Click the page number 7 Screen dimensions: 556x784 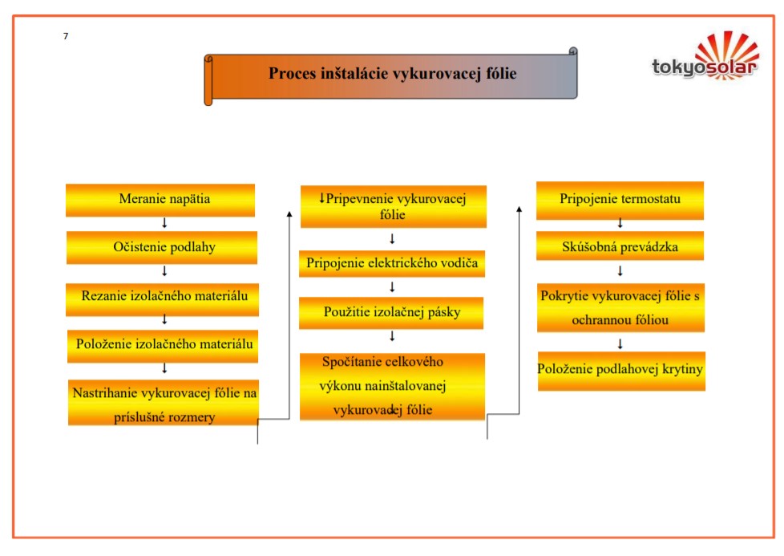(x=66, y=36)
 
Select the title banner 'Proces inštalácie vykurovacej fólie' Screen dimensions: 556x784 (x=392, y=75)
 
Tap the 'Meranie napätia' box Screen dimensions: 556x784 (x=160, y=200)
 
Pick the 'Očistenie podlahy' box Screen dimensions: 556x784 (x=162, y=247)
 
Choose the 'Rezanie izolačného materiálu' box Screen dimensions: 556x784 (x=164, y=296)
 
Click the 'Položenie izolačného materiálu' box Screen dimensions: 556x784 (x=164, y=345)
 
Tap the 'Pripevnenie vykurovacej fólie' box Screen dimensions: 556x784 (x=393, y=206)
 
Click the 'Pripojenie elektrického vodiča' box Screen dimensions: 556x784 (x=392, y=263)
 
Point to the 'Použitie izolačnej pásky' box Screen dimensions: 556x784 (x=391, y=312)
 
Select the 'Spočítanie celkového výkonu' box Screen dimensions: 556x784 (x=392, y=386)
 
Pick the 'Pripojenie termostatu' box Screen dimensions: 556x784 (x=620, y=200)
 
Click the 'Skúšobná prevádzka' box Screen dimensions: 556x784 (x=620, y=247)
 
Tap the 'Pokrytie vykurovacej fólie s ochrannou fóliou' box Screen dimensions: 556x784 (x=620, y=308)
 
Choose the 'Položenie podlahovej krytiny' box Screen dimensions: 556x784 (x=621, y=370)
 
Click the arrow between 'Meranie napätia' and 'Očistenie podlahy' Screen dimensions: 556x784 (x=164, y=223)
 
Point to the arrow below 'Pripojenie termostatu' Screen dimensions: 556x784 (x=620, y=223)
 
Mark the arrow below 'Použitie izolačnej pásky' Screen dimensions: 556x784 (x=392, y=336)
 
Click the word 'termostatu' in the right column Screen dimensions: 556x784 (x=649, y=200)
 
